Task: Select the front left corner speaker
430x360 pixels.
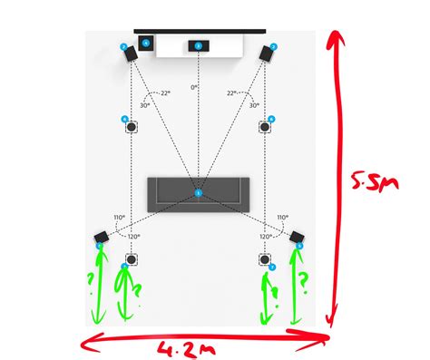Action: coord(132,53)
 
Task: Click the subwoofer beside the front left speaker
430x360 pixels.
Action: coord(147,43)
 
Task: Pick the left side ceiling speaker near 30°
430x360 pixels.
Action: coord(132,126)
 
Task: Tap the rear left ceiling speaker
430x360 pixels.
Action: coord(132,259)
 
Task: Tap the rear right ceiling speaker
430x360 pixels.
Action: coord(266,259)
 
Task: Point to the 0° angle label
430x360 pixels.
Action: coord(193,88)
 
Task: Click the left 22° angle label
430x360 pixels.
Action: coord(165,92)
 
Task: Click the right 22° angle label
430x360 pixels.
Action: coord(232,92)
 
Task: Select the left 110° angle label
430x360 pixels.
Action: coord(118,218)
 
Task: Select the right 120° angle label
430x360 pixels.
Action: coord(266,236)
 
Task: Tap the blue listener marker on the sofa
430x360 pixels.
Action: coord(199,193)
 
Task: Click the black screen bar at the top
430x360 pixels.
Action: coord(200,32)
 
